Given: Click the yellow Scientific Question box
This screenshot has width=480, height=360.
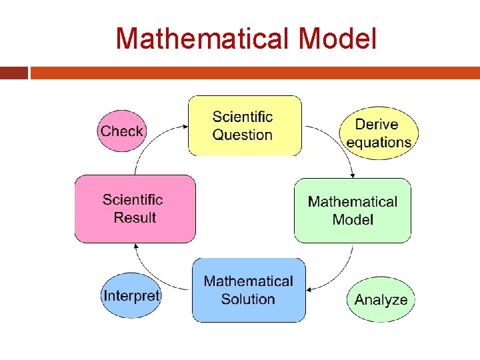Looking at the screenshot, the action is [244, 125].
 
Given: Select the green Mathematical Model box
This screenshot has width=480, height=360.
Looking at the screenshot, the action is [352, 210].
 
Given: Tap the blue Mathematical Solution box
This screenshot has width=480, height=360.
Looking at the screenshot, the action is [249, 290].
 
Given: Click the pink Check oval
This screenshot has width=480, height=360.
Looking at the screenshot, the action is [121, 131].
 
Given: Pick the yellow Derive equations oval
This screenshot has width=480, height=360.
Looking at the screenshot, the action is [378, 133].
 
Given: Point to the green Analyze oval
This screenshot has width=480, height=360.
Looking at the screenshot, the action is [381, 299].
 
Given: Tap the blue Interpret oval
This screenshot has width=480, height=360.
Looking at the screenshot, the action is [131, 295].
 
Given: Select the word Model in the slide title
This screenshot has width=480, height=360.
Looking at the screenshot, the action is [337, 39].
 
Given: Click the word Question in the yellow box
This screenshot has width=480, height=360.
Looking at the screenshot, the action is [243, 135].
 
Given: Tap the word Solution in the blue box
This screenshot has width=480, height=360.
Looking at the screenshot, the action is [248, 299].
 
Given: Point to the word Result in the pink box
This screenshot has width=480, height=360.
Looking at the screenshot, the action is [135, 217].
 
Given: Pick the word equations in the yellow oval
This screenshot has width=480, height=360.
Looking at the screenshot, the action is [379, 142].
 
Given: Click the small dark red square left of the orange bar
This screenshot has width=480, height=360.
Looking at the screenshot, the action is [13, 73].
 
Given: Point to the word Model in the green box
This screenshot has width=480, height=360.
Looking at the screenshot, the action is [352, 219].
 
